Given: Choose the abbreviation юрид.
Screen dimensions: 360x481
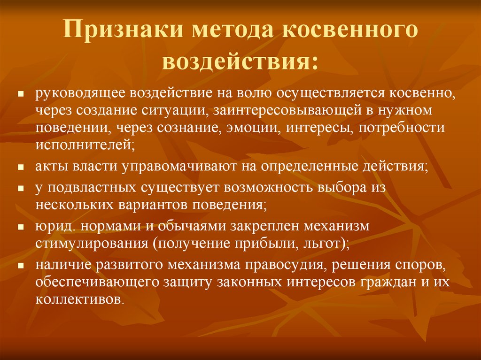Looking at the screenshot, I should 56,226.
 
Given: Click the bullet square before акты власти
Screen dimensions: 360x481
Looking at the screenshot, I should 21,168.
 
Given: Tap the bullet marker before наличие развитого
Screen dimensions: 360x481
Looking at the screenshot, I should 21,265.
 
